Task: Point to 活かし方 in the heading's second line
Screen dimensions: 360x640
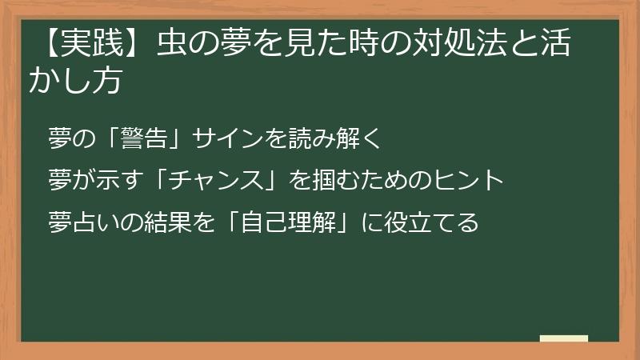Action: (x=75, y=81)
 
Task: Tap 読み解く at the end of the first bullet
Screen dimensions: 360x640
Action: (x=340, y=138)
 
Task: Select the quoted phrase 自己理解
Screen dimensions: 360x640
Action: (x=279, y=222)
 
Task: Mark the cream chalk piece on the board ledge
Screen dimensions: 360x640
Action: (x=563, y=338)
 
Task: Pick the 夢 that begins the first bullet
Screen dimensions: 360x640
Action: (x=61, y=138)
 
